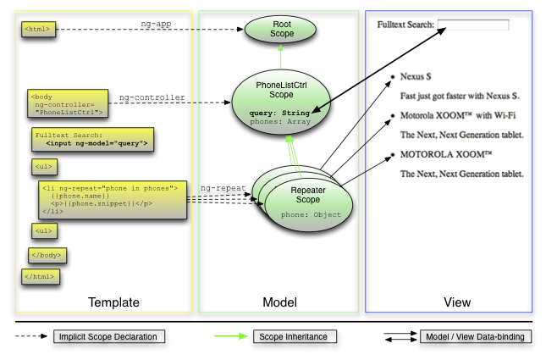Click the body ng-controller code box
67,103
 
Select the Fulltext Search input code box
93,139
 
